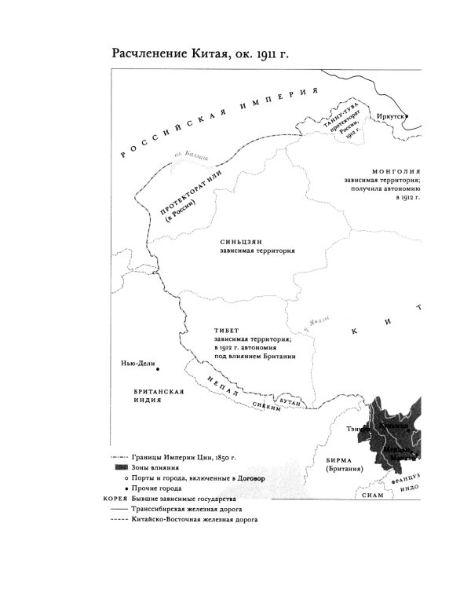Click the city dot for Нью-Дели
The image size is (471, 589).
point(158,368)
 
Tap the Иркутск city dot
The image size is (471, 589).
point(411,115)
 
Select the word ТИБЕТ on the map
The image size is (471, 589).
point(225,330)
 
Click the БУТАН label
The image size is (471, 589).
point(290,401)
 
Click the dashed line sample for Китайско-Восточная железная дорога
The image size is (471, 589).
point(119,521)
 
